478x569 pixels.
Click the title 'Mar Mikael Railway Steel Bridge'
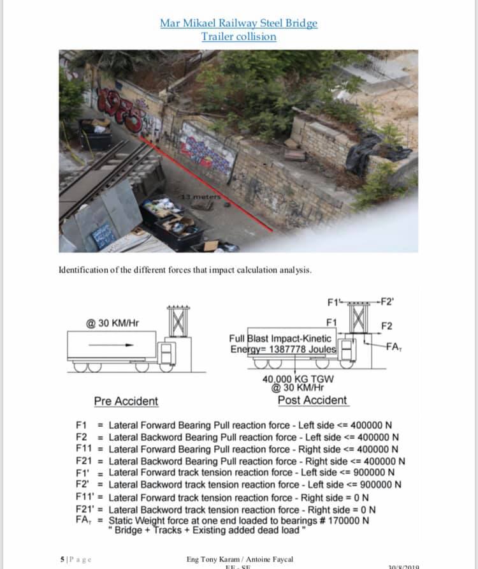(238, 24)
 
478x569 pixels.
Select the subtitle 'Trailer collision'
(238, 36)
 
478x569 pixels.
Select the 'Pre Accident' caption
(126, 401)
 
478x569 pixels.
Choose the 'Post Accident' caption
(312, 401)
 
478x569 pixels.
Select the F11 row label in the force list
(84, 448)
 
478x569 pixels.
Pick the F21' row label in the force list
(85, 508)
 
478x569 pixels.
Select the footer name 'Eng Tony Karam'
(210, 559)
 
